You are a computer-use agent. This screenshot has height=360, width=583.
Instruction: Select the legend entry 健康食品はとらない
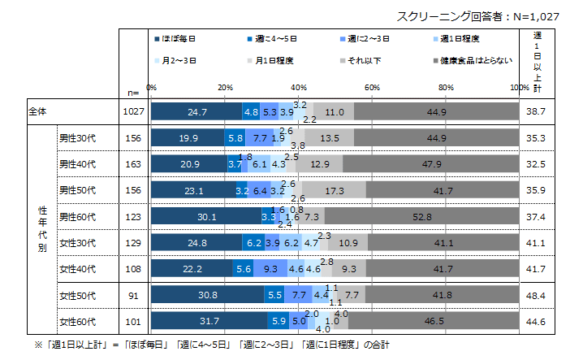(472, 60)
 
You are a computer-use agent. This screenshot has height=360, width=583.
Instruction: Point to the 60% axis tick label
(373, 87)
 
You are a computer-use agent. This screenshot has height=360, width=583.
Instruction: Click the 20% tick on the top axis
(226, 87)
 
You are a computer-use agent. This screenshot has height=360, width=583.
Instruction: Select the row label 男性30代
(77, 138)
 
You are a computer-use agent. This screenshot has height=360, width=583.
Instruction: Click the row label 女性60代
(77, 320)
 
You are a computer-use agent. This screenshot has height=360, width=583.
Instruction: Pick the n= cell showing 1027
(132, 112)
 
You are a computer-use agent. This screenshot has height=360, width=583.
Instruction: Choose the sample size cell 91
(132, 294)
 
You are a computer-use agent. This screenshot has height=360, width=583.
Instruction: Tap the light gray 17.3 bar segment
(334, 190)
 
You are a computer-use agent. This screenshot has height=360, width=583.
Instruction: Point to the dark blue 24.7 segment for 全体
(196, 112)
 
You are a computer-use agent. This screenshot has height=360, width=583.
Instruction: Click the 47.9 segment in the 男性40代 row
(431, 164)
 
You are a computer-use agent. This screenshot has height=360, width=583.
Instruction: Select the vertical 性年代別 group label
(41, 229)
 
